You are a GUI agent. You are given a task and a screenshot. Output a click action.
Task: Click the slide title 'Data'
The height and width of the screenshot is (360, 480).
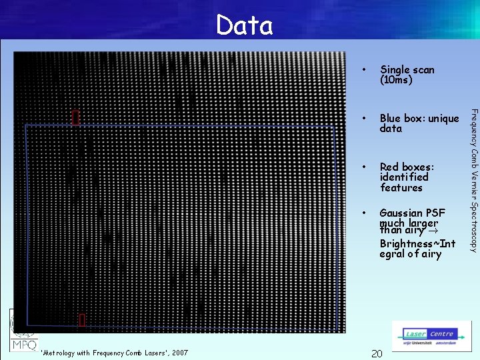coord(244,26)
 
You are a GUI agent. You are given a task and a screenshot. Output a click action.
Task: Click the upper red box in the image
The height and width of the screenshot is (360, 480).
coord(75,117)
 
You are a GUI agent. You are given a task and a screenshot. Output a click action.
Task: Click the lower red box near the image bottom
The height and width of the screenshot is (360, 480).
coord(82,321)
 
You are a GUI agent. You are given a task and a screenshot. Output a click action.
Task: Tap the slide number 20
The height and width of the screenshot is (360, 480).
coord(376,353)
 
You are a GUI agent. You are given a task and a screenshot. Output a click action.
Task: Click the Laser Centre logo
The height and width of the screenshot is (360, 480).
coord(431,337)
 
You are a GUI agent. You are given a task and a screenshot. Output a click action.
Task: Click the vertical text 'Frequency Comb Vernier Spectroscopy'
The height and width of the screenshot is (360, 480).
coord(473,180)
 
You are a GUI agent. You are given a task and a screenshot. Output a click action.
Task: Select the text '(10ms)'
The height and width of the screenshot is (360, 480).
coord(396,80)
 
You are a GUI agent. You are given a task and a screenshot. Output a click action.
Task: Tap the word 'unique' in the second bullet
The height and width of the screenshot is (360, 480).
coord(443,119)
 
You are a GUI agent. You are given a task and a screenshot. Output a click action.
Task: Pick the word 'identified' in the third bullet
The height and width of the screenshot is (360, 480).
coord(404,177)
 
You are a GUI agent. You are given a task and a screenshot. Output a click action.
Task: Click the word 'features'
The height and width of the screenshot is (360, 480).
coord(401,188)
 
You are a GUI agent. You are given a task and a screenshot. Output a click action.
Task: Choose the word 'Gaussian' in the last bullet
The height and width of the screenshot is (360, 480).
coord(403,213)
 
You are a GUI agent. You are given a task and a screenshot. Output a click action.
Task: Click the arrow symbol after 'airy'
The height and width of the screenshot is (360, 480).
coord(431,231)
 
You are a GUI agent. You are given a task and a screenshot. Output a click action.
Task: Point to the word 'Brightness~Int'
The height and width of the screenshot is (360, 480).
coord(417,243)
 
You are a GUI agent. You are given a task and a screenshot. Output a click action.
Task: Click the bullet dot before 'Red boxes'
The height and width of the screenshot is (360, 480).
coord(363,166)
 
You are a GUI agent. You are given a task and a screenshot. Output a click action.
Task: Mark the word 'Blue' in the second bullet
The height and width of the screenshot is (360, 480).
coord(391,119)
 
